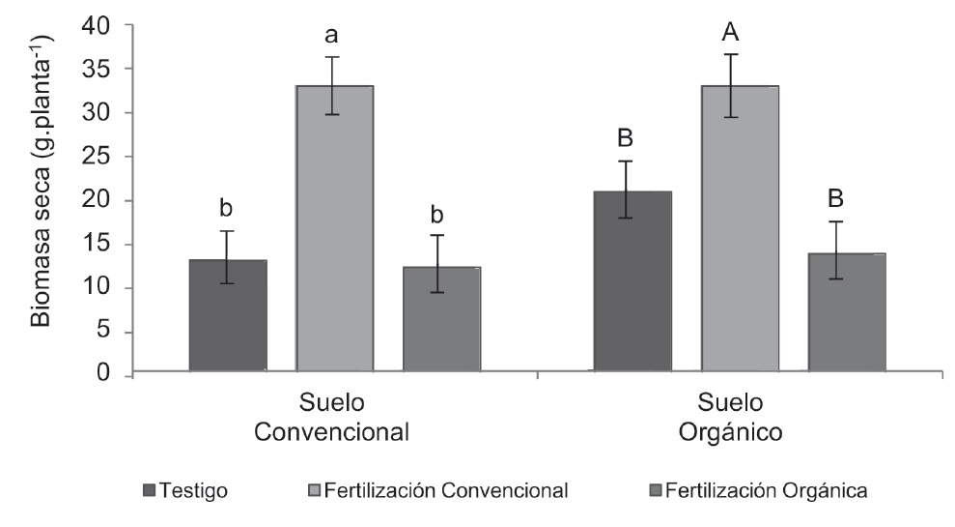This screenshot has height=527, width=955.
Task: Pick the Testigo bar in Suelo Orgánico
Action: pos(632,280)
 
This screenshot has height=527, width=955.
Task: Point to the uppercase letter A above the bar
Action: pos(731,34)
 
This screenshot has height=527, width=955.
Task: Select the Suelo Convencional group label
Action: pos(332,417)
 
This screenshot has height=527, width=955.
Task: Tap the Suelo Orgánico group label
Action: pos(730,417)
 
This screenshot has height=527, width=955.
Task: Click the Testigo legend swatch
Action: pos(148,491)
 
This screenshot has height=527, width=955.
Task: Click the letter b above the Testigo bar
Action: pos(228,209)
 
